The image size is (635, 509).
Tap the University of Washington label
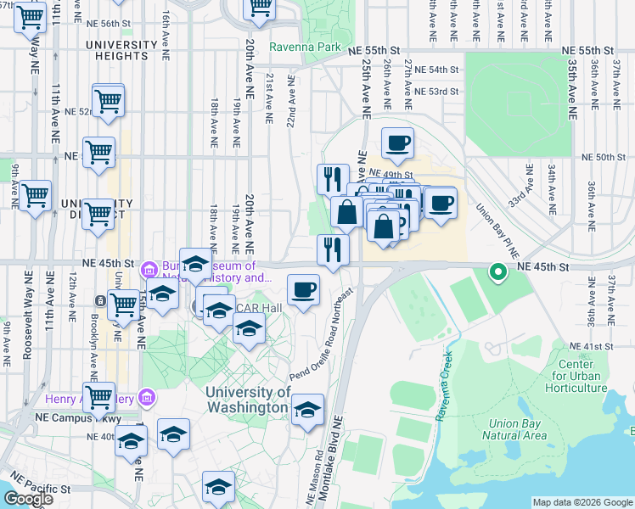coord(248,400)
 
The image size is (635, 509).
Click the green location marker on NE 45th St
coord(498,271)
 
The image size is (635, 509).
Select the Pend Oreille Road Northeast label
coord(321,333)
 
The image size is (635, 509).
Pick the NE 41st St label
coord(589,347)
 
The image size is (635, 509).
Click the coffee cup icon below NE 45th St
coord(303,291)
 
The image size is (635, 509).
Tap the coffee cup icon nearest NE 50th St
coord(397,143)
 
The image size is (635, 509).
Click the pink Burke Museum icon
coord(149,270)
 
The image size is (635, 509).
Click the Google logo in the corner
coord(28,499)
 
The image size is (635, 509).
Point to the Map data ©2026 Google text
coord(582,502)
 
